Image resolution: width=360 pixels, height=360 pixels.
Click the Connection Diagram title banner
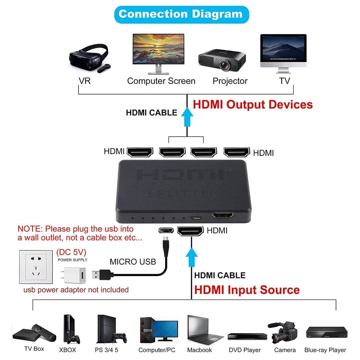[180, 14]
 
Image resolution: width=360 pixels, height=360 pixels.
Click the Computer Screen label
[161, 81]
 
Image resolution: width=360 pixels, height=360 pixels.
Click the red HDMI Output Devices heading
[252, 105]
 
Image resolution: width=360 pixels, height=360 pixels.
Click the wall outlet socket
[36, 267]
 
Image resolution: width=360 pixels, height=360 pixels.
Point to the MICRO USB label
[133, 262]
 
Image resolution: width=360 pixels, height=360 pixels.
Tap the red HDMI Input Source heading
[247, 290]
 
